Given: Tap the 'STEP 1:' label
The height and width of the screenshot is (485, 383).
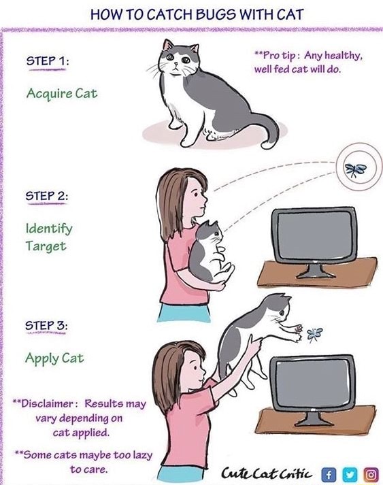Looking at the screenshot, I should click(x=47, y=62).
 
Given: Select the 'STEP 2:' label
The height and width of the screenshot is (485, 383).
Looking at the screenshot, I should click(x=47, y=196).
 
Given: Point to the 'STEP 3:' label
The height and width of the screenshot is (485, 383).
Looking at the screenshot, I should click(x=47, y=324).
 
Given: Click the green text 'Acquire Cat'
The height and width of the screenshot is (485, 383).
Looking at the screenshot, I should click(x=61, y=93).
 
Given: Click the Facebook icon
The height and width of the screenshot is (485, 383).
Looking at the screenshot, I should click(x=329, y=473).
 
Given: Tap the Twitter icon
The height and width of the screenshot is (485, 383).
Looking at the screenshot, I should click(x=350, y=473).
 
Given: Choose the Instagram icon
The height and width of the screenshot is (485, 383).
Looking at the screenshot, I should click(x=371, y=473).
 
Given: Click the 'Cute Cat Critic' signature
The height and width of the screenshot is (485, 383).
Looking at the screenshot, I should click(x=268, y=473).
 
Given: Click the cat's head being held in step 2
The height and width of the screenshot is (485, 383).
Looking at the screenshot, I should click(x=212, y=234).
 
